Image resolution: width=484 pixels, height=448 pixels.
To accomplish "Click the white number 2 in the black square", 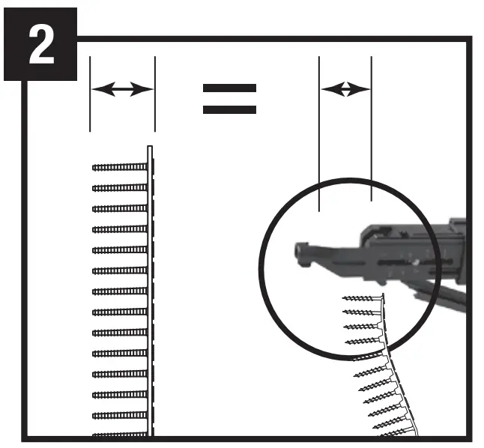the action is click(x=41, y=44).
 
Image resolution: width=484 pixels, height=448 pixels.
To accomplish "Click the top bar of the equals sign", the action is click(x=229, y=88).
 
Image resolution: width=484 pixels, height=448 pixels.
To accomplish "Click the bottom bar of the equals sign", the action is click(x=229, y=109).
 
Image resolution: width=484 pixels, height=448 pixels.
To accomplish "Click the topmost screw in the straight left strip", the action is click(x=120, y=167).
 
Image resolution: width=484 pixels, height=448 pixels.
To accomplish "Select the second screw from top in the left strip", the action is click(x=120, y=188).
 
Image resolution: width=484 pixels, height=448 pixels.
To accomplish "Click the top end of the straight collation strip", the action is click(x=150, y=146).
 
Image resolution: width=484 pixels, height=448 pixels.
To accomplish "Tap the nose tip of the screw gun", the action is click(x=298, y=250).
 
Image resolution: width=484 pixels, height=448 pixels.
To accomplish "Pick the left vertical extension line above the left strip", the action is click(x=90, y=94).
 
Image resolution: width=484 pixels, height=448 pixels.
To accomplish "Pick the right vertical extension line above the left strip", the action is click(x=155, y=94).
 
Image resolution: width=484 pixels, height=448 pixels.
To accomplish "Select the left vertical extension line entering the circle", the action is click(x=319, y=133).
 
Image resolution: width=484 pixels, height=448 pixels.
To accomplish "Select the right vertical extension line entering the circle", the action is click(x=372, y=128).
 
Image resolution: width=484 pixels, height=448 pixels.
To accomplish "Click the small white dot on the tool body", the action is click(x=416, y=262).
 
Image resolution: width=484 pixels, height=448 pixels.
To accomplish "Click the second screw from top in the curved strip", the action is click(x=361, y=312).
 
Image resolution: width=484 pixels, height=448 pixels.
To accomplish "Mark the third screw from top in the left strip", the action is click(x=120, y=209).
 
